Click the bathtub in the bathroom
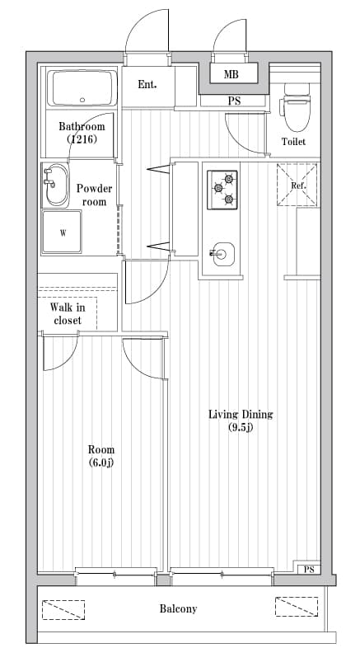click(x=82, y=87)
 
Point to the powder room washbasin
click(x=57, y=186)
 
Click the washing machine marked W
click(x=63, y=233)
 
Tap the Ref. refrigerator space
click(x=298, y=185)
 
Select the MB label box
click(x=232, y=75)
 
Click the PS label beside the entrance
click(x=234, y=101)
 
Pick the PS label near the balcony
click(x=309, y=570)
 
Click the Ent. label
click(x=147, y=84)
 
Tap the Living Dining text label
click(x=240, y=415)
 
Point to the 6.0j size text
click(x=101, y=462)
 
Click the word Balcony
click(x=178, y=609)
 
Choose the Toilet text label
click(x=293, y=142)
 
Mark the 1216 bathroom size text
click(x=82, y=140)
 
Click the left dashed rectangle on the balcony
click(x=65, y=608)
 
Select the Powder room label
click(x=94, y=195)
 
